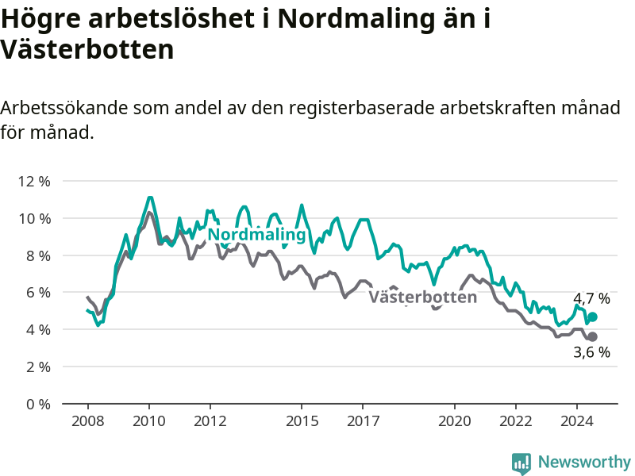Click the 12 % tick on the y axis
pyautogui.click(x=34, y=182)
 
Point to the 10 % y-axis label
pyautogui.click(x=34, y=219)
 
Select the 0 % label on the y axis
pyautogui.click(x=38, y=404)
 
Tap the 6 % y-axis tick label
pyautogui.click(x=38, y=293)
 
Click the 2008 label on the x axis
pyautogui.click(x=88, y=421)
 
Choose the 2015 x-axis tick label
pyautogui.click(x=302, y=421)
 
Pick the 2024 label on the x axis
pyautogui.click(x=577, y=421)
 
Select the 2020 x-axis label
pyautogui.click(x=454, y=421)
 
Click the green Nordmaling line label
pyautogui.click(x=256, y=235)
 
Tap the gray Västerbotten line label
pyautogui.click(x=423, y=297)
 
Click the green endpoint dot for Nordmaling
pyautogui.click(x=592, y=317)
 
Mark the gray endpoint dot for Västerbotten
pyautogui.click(x=592, y=336)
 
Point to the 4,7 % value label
pyautogui.click(x=591, y=299)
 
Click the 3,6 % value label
pyautogui.click(x=591, y=352)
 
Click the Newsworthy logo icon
pyautogui.click(x=521, y=463)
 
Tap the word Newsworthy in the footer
pyautogui.click(x=584, y=462)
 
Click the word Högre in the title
pyautogui.click(x=41, y=19)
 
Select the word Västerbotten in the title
pyautogui.click(x=87, y=49)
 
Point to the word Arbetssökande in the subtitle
pyautogui.click(x=64, y=108)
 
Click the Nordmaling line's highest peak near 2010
pyautogui.click(x=150, y=198)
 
